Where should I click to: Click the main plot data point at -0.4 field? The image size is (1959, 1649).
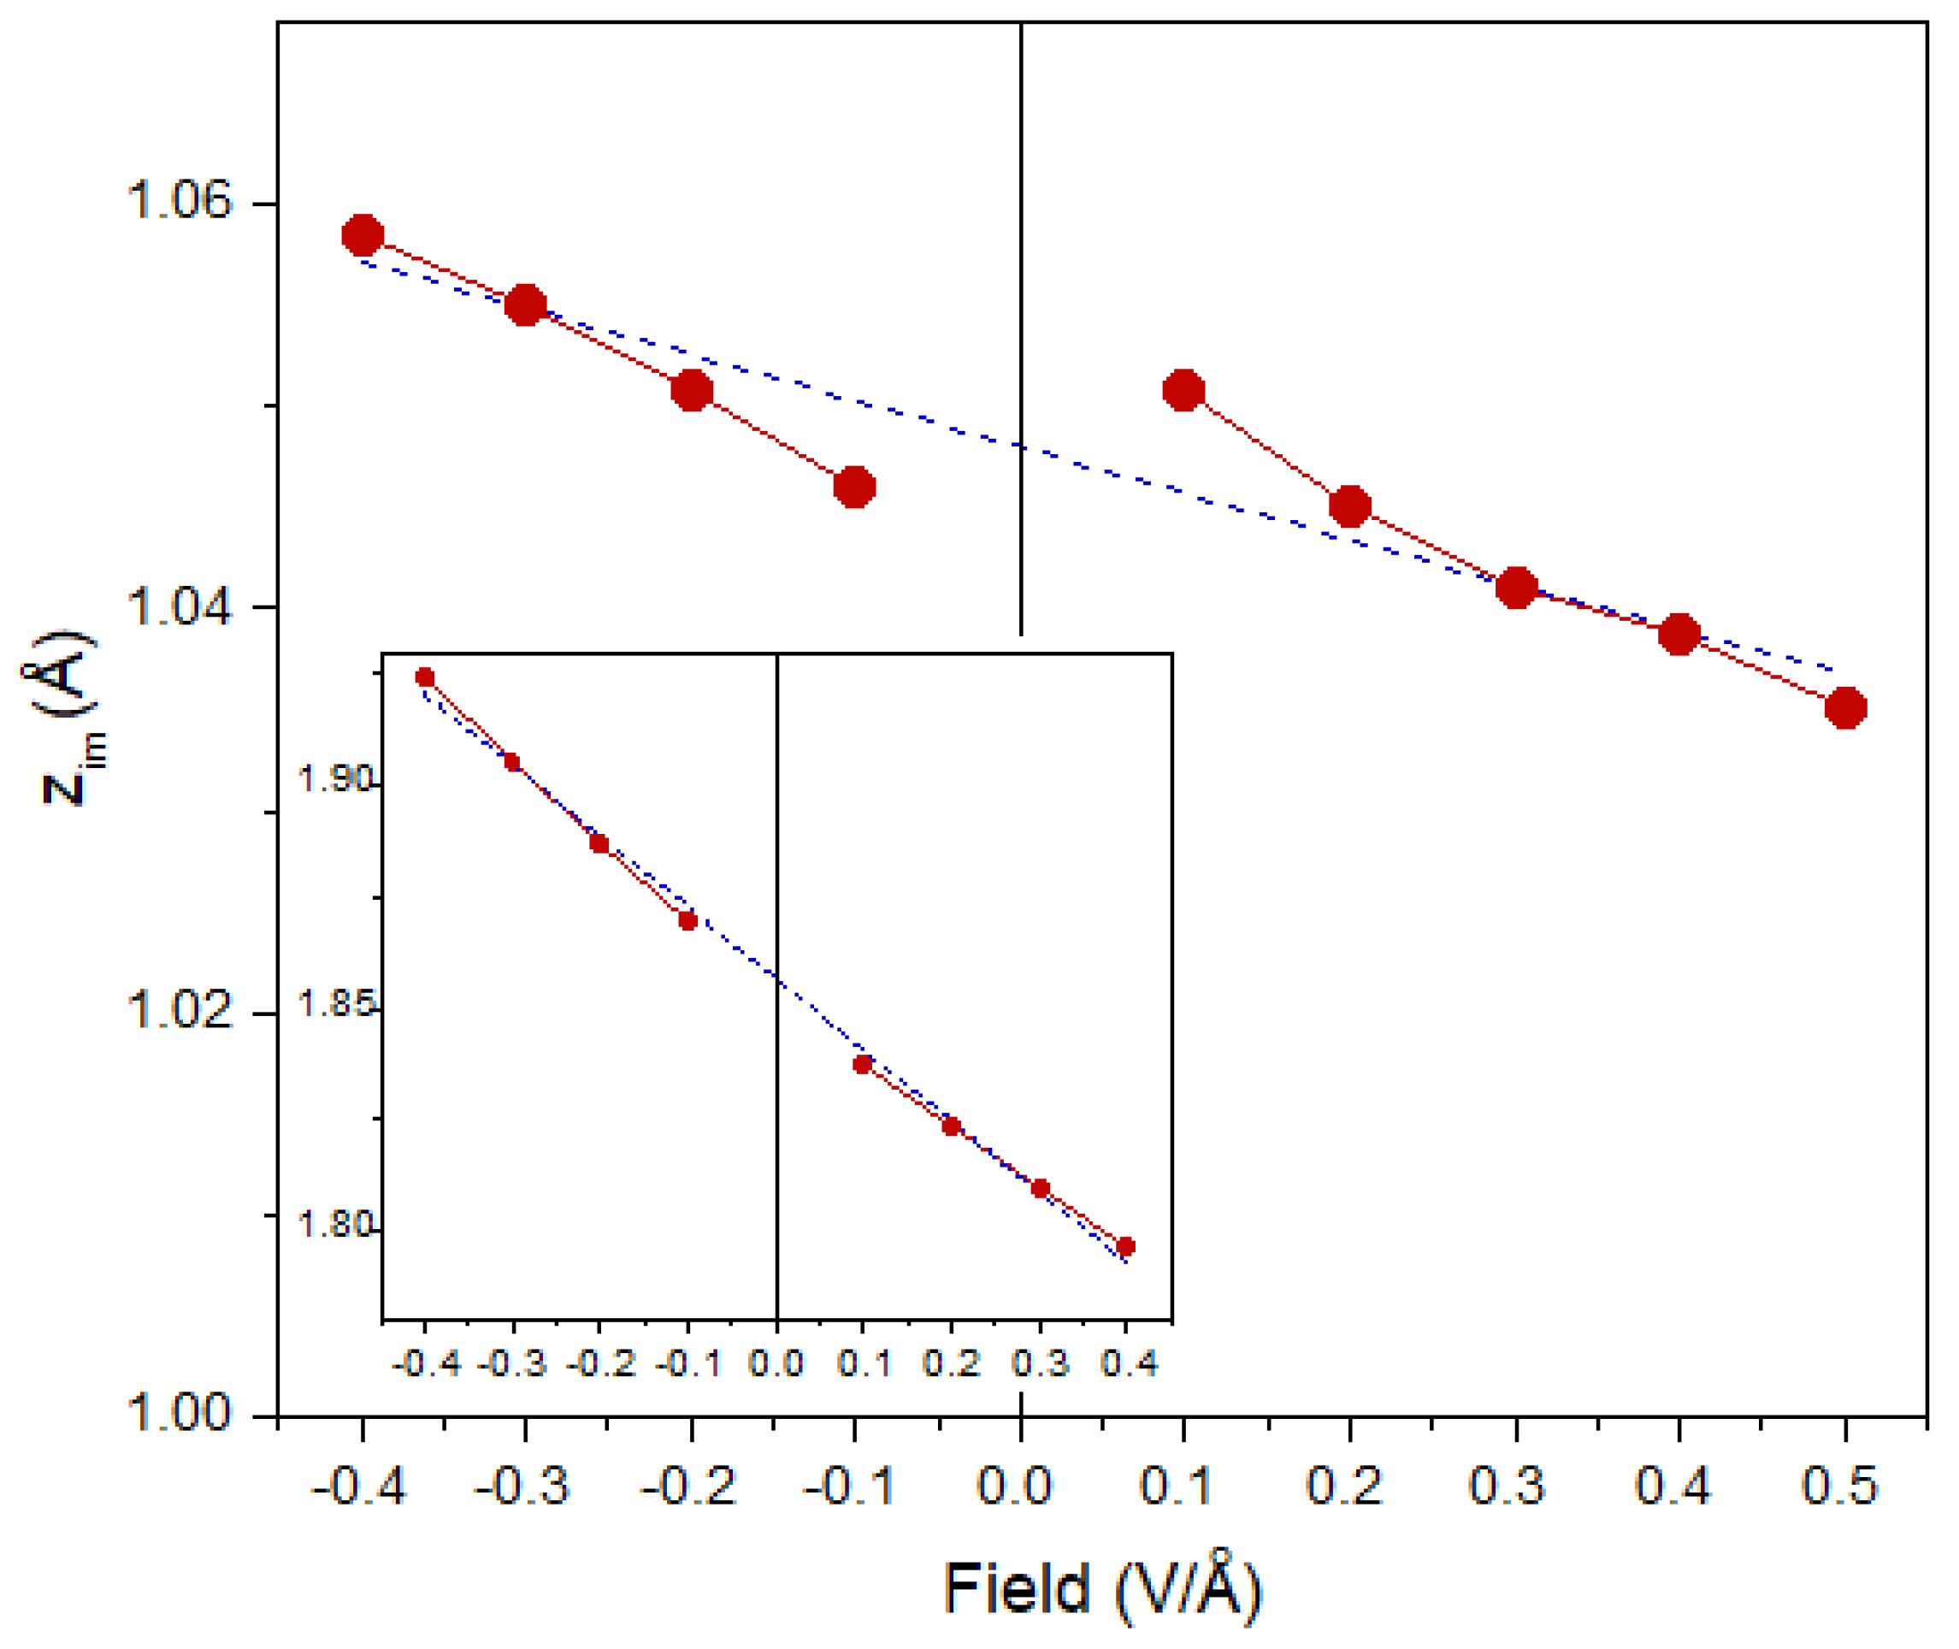(x=363, y=235)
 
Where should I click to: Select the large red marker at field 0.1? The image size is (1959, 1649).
(x=1183, y=390)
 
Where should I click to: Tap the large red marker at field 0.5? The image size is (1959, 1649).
(x=1845, y=707)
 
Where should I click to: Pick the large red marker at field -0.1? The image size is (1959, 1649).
(x=854, y=487)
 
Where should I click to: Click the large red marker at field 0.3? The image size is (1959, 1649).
(x=1516, y=588)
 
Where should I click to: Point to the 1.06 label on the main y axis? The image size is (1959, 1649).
(x=178, y=200)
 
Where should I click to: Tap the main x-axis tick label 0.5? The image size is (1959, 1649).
(x=1839, y=1486)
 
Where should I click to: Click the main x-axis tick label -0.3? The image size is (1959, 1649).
(x=522, y=1486)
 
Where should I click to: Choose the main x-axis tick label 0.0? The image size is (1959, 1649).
(x=1015, y=1486)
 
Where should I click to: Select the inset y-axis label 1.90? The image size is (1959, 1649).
(x=334, y=777)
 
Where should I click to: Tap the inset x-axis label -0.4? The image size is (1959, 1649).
(x=425, y=1364)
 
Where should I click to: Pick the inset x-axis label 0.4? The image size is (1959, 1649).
(x=1129, y=1364)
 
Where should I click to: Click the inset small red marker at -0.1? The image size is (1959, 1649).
(x=687, y=921)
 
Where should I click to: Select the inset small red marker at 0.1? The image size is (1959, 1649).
(x=863, y=1064)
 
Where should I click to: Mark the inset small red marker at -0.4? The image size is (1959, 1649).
(x=425, y=677)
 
